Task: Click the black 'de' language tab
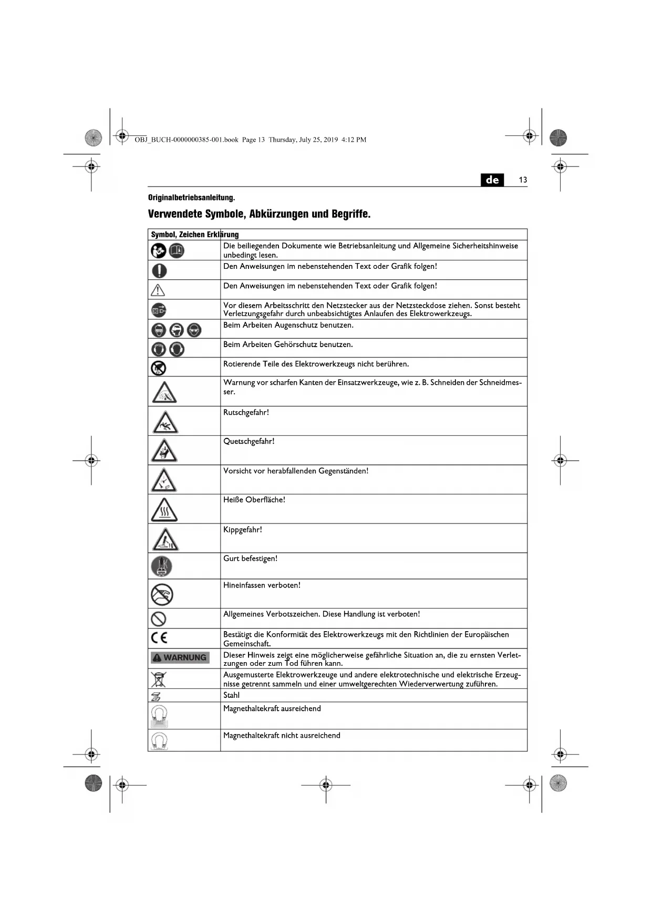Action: click(x=492, y=180)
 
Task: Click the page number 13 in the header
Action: click(x=523, y=180)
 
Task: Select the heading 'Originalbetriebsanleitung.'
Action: click(x=191, y=197)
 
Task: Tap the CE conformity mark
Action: click(x=159, y=638)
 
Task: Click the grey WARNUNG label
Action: click(x=180, y=657)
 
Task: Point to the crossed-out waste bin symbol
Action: click(x=158, y=679)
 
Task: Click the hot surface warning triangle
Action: click(x=164, y=510)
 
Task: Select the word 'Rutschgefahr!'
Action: click(x=246, y=413)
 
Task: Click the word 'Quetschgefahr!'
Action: click(x=249, y=442)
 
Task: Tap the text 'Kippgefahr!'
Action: click(x=242, y=530)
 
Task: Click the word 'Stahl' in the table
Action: click(x=231, y=695)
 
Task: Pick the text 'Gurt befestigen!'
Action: click(x=250, y=559)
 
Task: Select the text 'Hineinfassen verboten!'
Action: click(x=262, y=585)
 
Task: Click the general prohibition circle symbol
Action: click(x=159, y=619)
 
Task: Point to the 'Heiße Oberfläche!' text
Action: click(x=254, y=500)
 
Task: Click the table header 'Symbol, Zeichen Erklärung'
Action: click(x=195, y=235)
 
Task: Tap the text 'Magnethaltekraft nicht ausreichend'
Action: click(x=282, y=736)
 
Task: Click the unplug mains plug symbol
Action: click(x=159, y=310)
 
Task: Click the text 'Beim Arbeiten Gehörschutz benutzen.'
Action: click(x=288, y=345)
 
